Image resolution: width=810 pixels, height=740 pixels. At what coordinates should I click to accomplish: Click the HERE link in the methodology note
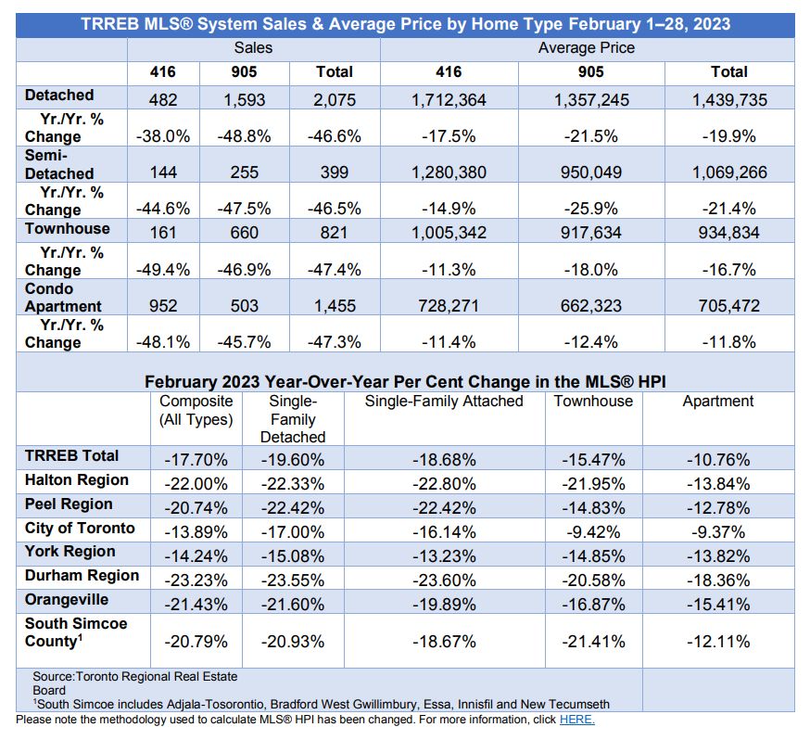tap(577, 720)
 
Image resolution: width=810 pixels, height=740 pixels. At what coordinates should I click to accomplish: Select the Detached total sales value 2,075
tap(335, 100)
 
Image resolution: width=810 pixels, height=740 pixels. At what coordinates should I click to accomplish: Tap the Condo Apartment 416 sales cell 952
tap(163, 305)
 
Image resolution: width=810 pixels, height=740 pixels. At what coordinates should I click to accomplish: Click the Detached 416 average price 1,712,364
tap(449, 100)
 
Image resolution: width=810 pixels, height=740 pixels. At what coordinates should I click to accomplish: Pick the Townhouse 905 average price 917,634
tap(591, 233)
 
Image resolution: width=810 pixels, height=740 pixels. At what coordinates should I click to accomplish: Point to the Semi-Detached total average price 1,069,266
tap(729, 172)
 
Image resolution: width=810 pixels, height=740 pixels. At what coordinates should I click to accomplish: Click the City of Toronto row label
tap(80, 529)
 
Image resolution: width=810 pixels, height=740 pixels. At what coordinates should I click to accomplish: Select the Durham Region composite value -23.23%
tap(196, 581)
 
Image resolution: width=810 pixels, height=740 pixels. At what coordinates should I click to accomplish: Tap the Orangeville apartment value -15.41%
tap(718, 604)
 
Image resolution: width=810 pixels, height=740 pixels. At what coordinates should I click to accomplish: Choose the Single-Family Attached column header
tap(444, 401)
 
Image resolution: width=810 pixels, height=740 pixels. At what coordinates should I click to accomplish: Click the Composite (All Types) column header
tap(196, 410)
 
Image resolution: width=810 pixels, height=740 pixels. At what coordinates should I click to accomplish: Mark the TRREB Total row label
tap(71, 456)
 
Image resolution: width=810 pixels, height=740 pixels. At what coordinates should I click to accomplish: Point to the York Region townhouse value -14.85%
tap(593, 556)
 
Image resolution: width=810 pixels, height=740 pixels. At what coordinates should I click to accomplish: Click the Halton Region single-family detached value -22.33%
tap(292, 484)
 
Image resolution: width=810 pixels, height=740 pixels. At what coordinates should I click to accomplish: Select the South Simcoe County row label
tap(76, 632)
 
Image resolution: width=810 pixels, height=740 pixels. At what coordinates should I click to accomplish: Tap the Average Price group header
tap(587, 47)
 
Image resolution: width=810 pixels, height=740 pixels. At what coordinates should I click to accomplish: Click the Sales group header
tap(253, 47)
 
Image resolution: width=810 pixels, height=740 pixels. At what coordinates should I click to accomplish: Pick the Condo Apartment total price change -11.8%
tap(729, 341)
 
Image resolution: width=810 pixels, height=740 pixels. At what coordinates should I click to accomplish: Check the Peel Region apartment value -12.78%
tap(718, 508)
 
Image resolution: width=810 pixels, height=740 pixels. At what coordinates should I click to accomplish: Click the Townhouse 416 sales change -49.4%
tap(163, 269)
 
